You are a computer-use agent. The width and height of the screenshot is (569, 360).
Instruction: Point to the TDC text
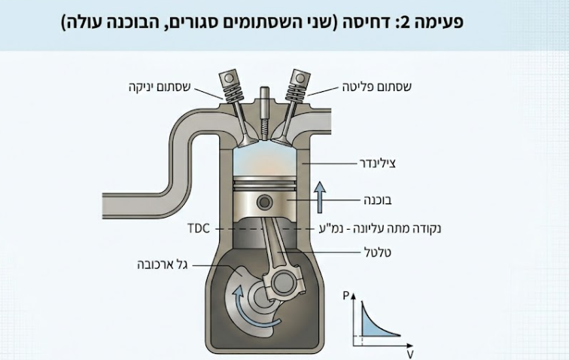pyautogui.click(x=199, y=227)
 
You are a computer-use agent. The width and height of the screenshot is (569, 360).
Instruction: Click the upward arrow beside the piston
pyautogui.click(x=320, y=198)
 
